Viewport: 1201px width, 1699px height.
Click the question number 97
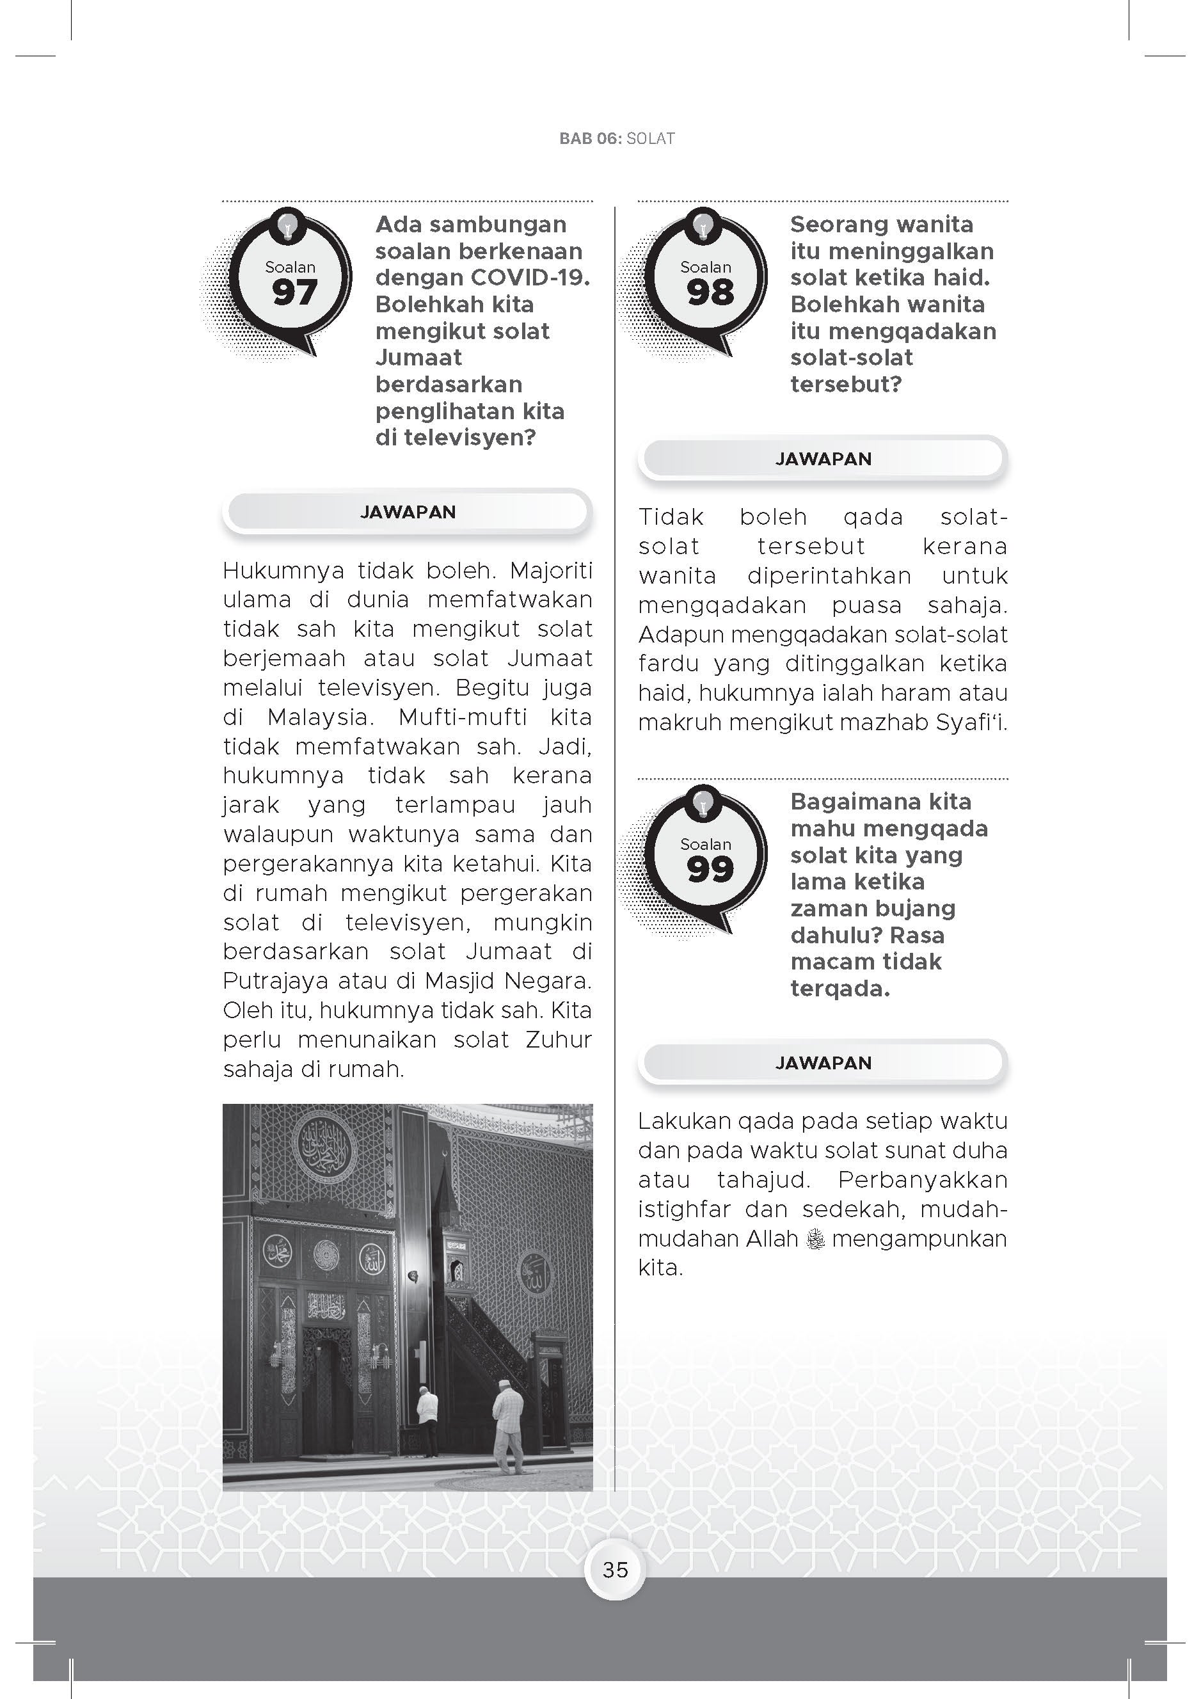[294, 292]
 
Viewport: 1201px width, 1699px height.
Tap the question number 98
[709, 292]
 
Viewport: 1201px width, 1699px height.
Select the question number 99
[709, 869]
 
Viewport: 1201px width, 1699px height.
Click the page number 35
[615, 1570]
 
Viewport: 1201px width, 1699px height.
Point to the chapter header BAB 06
[591, 138]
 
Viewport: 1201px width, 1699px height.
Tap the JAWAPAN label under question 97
[408, 512]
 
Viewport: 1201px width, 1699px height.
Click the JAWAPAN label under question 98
[823, 459]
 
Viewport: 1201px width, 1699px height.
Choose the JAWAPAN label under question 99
[823, 1063]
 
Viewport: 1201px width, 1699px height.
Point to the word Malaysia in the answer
[317, 717]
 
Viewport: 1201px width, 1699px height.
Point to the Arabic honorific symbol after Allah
[815, 1239]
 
